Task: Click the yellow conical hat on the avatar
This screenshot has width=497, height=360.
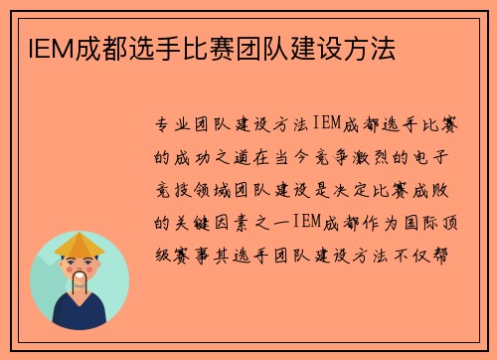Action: [80, 243]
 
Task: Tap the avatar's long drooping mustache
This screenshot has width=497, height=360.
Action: [80, 282]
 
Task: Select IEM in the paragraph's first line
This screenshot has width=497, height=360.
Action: [329, 125]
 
